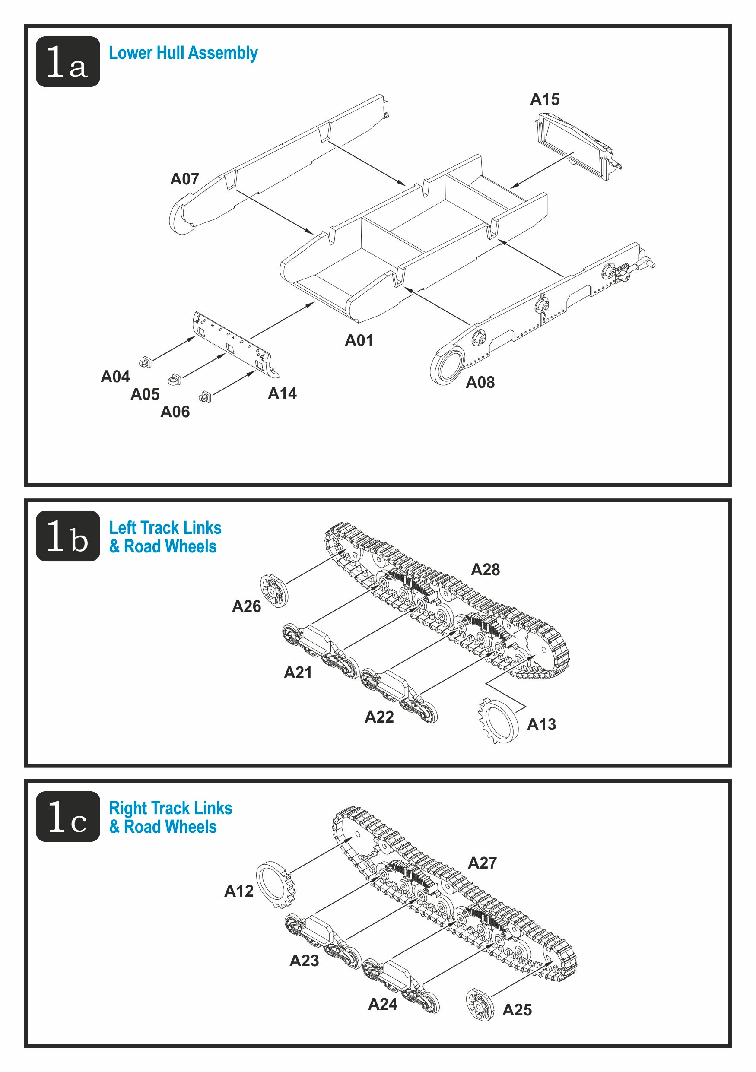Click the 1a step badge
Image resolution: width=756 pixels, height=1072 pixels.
point(68,61)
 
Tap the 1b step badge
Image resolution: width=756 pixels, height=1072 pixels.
point(68,536)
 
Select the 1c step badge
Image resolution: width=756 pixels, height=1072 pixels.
point(68,816)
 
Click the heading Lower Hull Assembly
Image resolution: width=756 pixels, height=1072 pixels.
point(183,53)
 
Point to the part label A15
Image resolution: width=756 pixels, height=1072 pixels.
point(544,99)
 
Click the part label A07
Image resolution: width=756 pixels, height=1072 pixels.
point(184,179)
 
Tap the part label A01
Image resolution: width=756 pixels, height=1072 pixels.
point(359,340)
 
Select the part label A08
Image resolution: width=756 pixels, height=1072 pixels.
point(480,382)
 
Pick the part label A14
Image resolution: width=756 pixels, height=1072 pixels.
point(282,393)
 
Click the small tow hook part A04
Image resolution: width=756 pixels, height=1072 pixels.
point(146,362)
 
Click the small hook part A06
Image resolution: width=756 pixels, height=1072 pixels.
point(205,397)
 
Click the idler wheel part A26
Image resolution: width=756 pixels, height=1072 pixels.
point(274,590)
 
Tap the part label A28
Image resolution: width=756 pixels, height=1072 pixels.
point(485,570)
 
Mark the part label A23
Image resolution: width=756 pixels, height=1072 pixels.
point(304,961)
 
